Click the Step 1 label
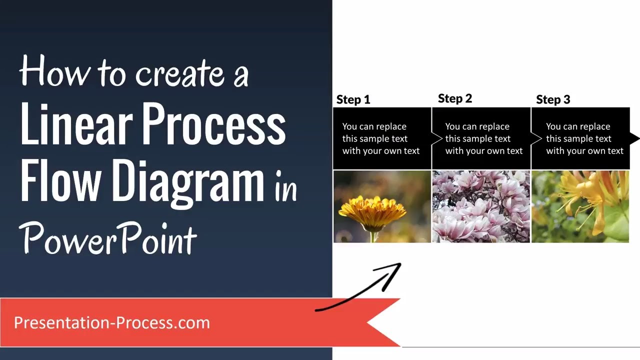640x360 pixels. [x=353, y=99]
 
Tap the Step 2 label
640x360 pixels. [x=454, y=98]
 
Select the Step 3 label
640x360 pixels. [x=553, y=99]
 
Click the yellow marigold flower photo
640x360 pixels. [x=382, y=206]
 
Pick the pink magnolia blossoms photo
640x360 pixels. [x=480, y=206]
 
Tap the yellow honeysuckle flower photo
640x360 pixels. [x=580, y=206]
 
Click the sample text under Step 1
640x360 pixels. [x=380, y=138]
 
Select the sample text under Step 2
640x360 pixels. [x=483, y=138]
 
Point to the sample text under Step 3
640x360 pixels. [x=584, y=138]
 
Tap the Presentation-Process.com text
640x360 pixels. [x=111, y=322]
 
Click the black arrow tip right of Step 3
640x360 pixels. [x=634, y=138]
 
